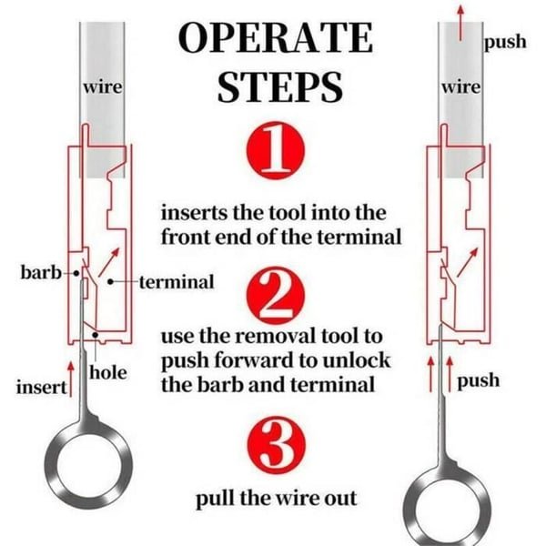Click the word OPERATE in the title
(x=276, y=37)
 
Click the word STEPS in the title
(x=280, y=86)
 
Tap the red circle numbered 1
(x=275, y=150)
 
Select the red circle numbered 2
(x=275, y=295)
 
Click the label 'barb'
(x=41, y=272)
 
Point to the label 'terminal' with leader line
(x=177, y=282)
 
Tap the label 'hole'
(x=108, y=372)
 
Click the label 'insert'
(x=42, y=388)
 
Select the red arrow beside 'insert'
(x=71, y=379)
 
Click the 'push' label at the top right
(x=505, y=42)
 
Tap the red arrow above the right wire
(x=460, y=24)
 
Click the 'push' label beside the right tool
(x=478, y=380)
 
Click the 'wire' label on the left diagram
(x=103, y=86)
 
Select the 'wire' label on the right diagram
(x=461, y=86)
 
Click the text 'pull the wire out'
(x=276, y=499)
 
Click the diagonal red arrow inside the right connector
(x=468, y=263)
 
